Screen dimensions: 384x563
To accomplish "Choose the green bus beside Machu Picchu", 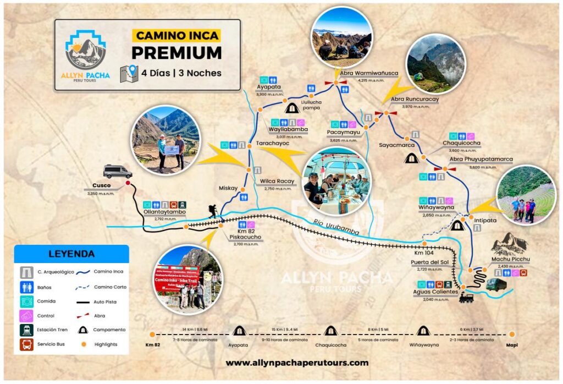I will tap(496, 284).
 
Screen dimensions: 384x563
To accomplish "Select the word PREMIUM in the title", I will tap(176, 53).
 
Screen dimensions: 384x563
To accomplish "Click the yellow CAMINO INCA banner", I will tap(176, 36).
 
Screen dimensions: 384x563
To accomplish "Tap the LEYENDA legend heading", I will tap(71, 254).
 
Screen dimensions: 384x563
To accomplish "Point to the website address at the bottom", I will tap(297, 363).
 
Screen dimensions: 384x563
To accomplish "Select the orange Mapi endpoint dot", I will tap(512, 333).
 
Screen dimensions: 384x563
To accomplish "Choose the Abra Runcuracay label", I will tap(415, 99).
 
